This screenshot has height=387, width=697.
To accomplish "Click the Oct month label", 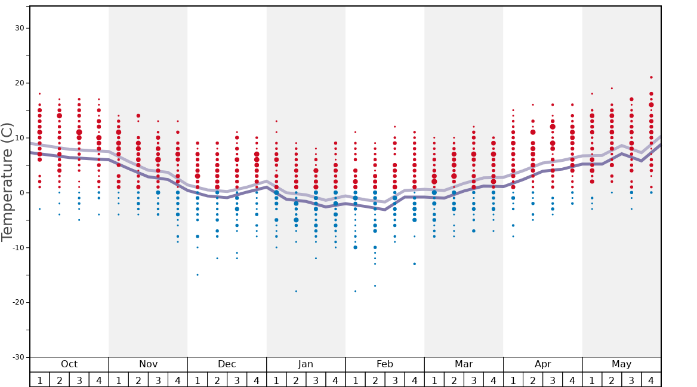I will [x=69, y=364].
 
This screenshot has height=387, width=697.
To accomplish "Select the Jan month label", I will [x=306, y=364].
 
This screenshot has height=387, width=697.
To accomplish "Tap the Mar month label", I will [x=464, y=364].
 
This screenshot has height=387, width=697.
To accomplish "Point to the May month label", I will [x=621, y=364].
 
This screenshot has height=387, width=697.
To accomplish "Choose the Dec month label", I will [x=227, y=364].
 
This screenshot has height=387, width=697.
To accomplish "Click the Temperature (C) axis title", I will [x=7, y=182].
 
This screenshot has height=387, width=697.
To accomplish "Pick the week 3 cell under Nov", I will [x=158, y=380].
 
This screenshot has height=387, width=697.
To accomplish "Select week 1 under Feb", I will [x=355, y=380].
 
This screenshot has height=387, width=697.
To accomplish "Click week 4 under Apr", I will [x=572, y=380].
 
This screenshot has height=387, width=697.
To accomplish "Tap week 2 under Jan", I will [x=296, y=380].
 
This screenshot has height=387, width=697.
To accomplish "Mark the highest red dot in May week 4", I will [x=651, y=77].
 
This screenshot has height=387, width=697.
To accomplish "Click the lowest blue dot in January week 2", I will [x=296, y=291].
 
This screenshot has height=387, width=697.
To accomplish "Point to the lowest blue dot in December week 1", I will [x=198, y=275].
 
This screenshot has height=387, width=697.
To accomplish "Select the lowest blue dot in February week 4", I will [x=414, y=264].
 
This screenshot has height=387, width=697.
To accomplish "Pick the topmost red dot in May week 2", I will [x=612, y=88].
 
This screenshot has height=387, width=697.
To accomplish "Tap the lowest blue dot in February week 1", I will [x=355, y=291].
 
